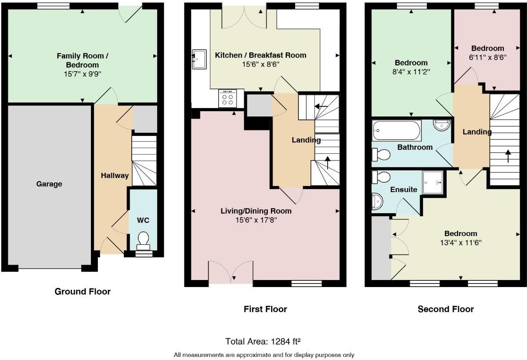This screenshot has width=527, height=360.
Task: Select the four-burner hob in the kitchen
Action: pyautogui.click(x=228, y=98)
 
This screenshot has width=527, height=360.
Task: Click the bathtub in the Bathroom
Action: pyautogui.click(x=397, y=130)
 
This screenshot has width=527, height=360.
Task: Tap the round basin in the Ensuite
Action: pyautogui.click(x=376, y=202)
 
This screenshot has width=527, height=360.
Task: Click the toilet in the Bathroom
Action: pyautogui.click(x=381, y=155)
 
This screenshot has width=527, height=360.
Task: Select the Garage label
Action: pyautogui.click(x=49, y=184)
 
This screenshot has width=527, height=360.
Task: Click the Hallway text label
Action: pyautogui.click(x=115, y=175)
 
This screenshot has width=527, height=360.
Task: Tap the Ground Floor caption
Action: pyautogui.click(x=83, y=291)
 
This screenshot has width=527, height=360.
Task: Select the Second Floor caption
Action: pyautogui.click(x=446, y=309)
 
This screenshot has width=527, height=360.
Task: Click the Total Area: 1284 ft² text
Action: pyautogui.click(x=263, y=341)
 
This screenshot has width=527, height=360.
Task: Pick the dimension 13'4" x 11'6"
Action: pyautogui.click(x=460, y=242)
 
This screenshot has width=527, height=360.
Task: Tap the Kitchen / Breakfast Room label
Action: pyautogui.click(x=260, y=55)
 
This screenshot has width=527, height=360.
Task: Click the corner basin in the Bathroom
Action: pyautogui.click(x=441, y=125)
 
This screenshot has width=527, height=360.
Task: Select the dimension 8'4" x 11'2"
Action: pyautogui.click(x=411, y=71)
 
